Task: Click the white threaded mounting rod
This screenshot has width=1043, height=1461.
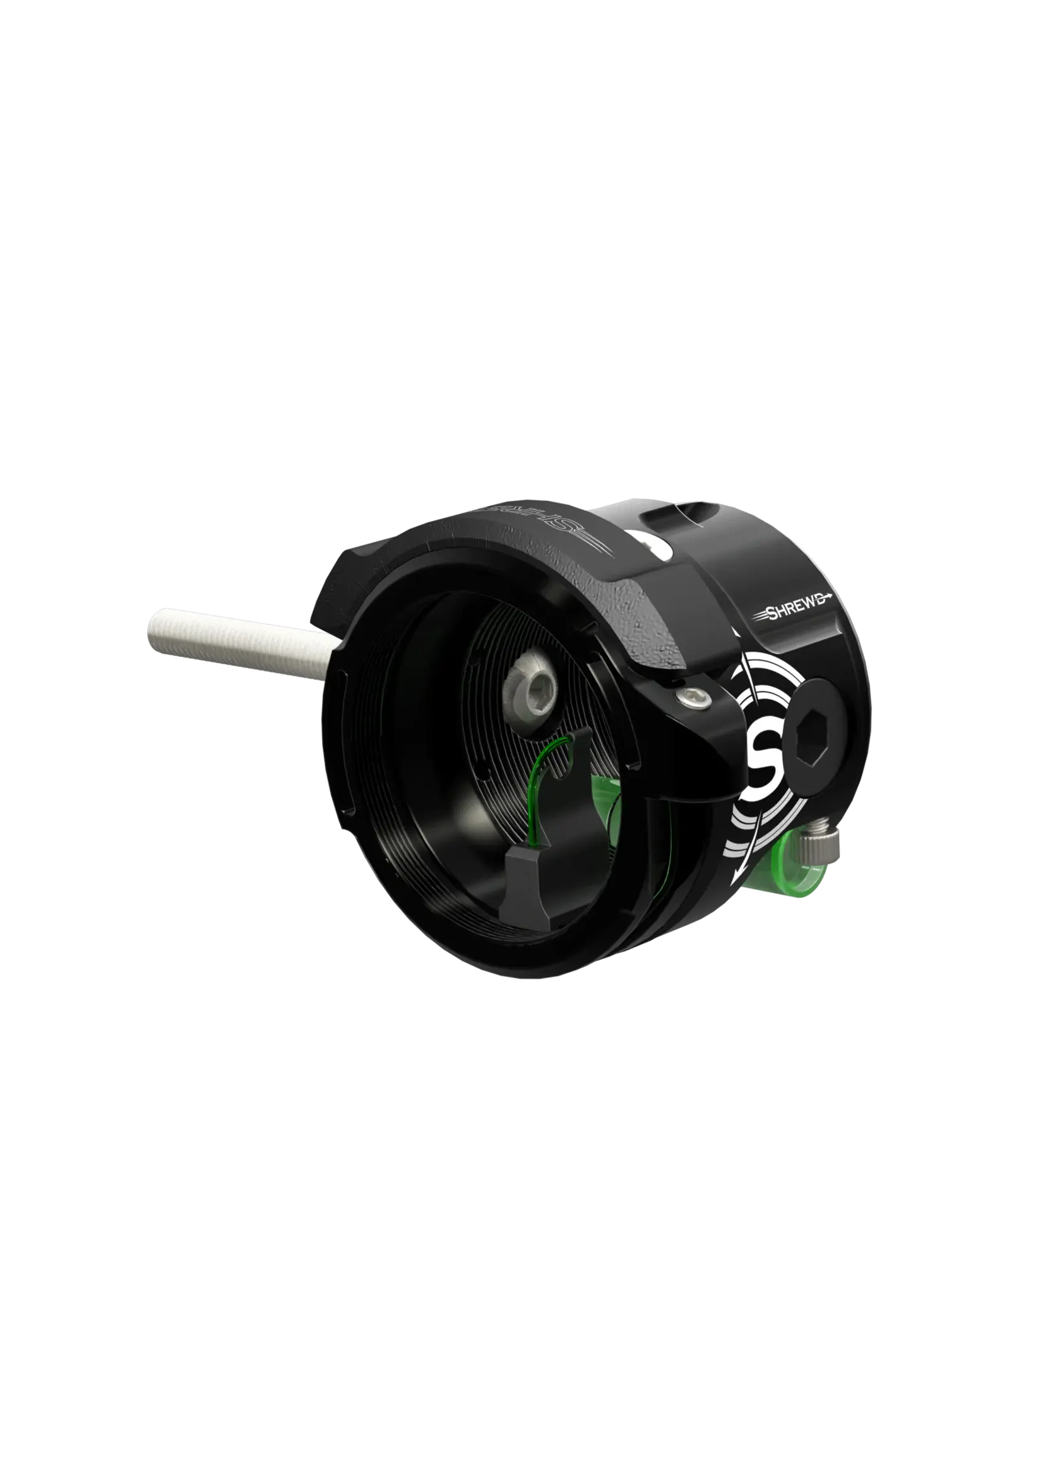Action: pyautogui.click(x=237, y=643)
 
